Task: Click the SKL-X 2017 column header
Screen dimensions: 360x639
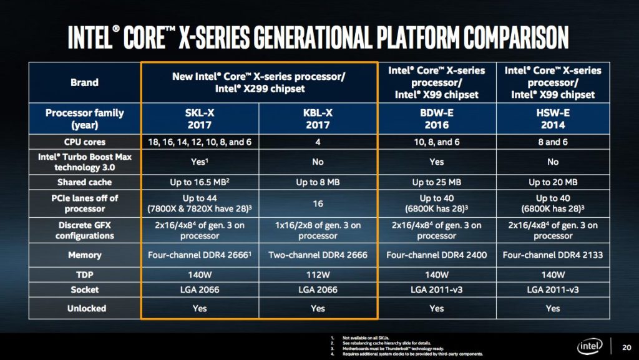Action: tap(200, 119)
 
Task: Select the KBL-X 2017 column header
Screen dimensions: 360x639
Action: tap(318, 119)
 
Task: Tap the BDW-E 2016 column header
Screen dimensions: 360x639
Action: tap(436, 119)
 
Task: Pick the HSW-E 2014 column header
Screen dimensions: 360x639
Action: tap(552, 119)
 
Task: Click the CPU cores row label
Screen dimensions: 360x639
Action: tap(85, 142)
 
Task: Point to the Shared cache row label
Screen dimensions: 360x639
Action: tap(85, 182)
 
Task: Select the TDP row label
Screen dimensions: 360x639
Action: tap(85, 275)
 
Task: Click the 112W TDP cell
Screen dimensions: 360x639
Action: tap(318, 275)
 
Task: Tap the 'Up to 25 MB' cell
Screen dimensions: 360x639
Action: tap(436, 182)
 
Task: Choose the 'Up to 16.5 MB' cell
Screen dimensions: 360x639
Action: tap(200, 182)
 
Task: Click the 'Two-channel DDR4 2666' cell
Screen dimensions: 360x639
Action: tap(318, 255)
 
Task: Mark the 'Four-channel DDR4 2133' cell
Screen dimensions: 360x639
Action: tap(552, 255)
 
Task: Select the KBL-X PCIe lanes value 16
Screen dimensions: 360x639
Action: tap(318, 203)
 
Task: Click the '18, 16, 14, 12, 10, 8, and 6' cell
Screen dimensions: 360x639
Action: tap(200, 142)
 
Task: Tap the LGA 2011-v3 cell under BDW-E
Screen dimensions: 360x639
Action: tap(436, 289)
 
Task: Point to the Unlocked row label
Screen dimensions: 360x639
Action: tap(85, 308)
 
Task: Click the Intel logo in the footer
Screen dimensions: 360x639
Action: tap(589, 346)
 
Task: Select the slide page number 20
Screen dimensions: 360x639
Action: tap(626, 347)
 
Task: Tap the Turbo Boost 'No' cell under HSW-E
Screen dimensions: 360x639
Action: tap(552, 162)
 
